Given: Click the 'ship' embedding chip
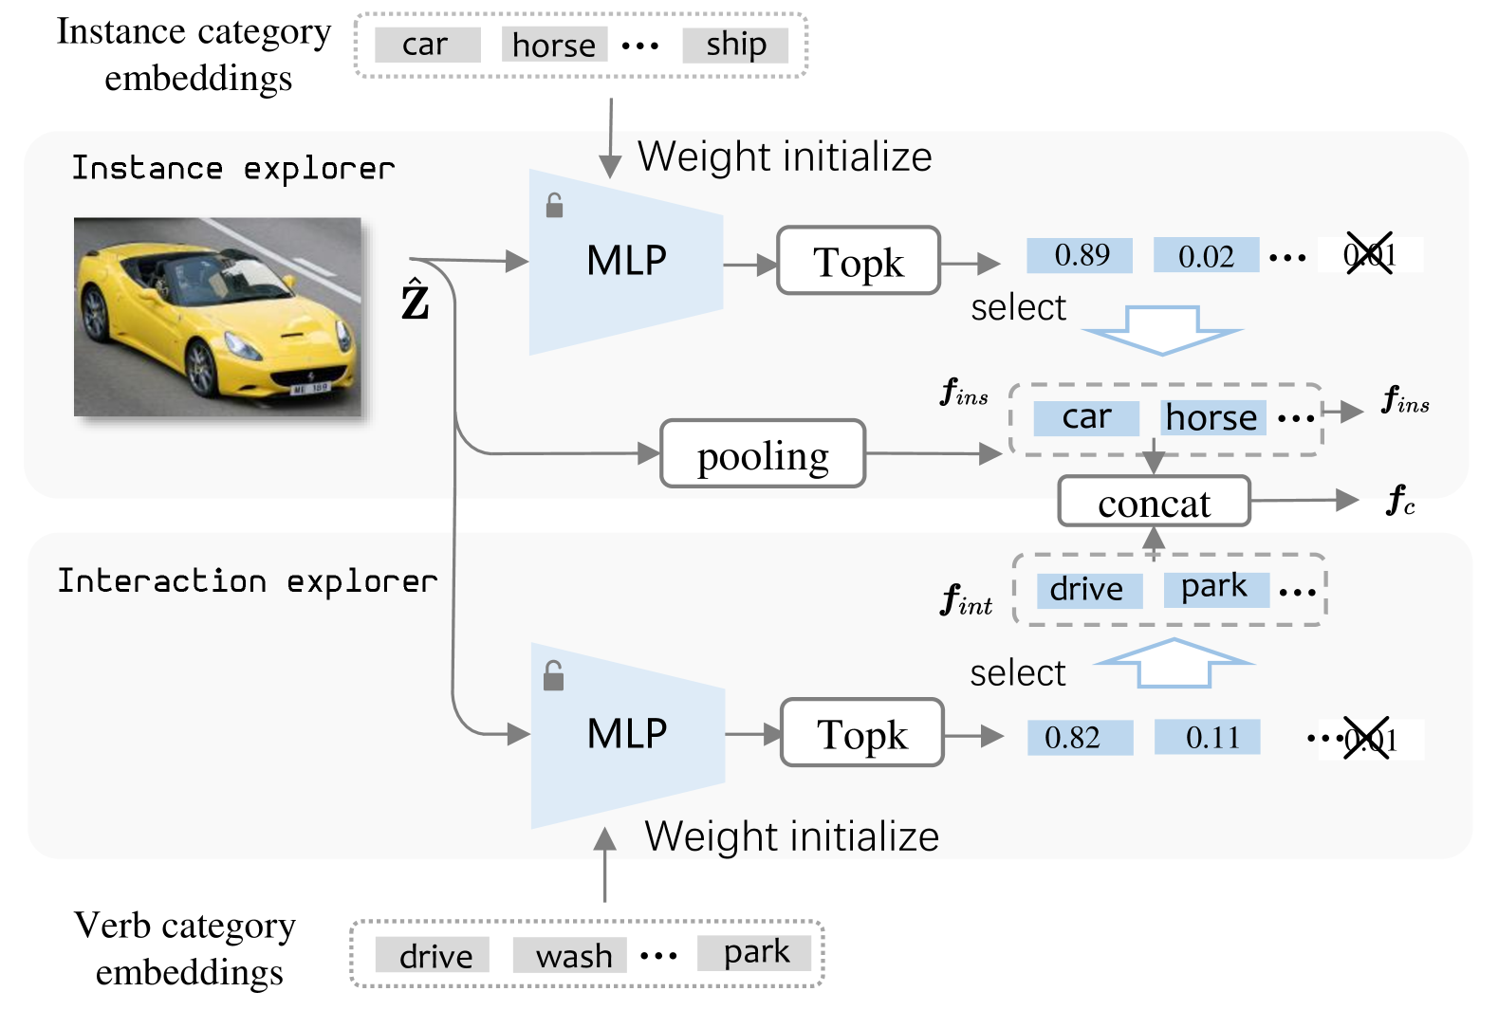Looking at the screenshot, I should point(735,45).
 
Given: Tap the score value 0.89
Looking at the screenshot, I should point(1080,255).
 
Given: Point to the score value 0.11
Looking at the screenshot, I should point(1207,737).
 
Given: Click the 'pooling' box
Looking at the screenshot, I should point(763,454).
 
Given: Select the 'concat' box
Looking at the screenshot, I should point(1154,502).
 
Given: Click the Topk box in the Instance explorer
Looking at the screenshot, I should point(859,261).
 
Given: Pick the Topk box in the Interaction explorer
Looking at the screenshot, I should point(861,733).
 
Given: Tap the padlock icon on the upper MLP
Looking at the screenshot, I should point(555,206).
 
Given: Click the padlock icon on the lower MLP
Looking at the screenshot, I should point(553,676).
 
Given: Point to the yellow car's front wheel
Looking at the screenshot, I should point(202,367).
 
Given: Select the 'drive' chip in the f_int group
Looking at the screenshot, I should point(1088,590).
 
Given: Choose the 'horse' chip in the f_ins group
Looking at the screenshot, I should point(1212,417).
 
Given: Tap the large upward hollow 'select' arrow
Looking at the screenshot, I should point(1174,661).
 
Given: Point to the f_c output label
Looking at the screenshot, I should point(1400,500).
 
